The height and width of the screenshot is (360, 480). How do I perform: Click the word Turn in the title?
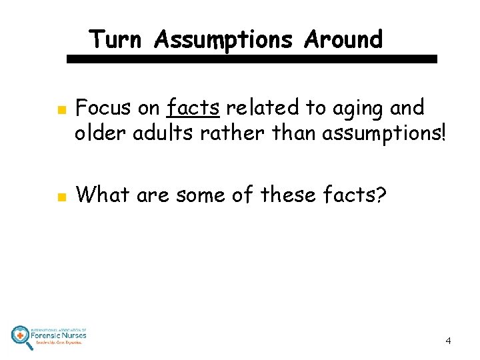coord(115,39)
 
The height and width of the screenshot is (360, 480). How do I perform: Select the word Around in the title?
coord(343,39)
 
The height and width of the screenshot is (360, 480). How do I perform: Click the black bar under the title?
coord(252,59)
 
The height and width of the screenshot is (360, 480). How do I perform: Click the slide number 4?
coord(448,341)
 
